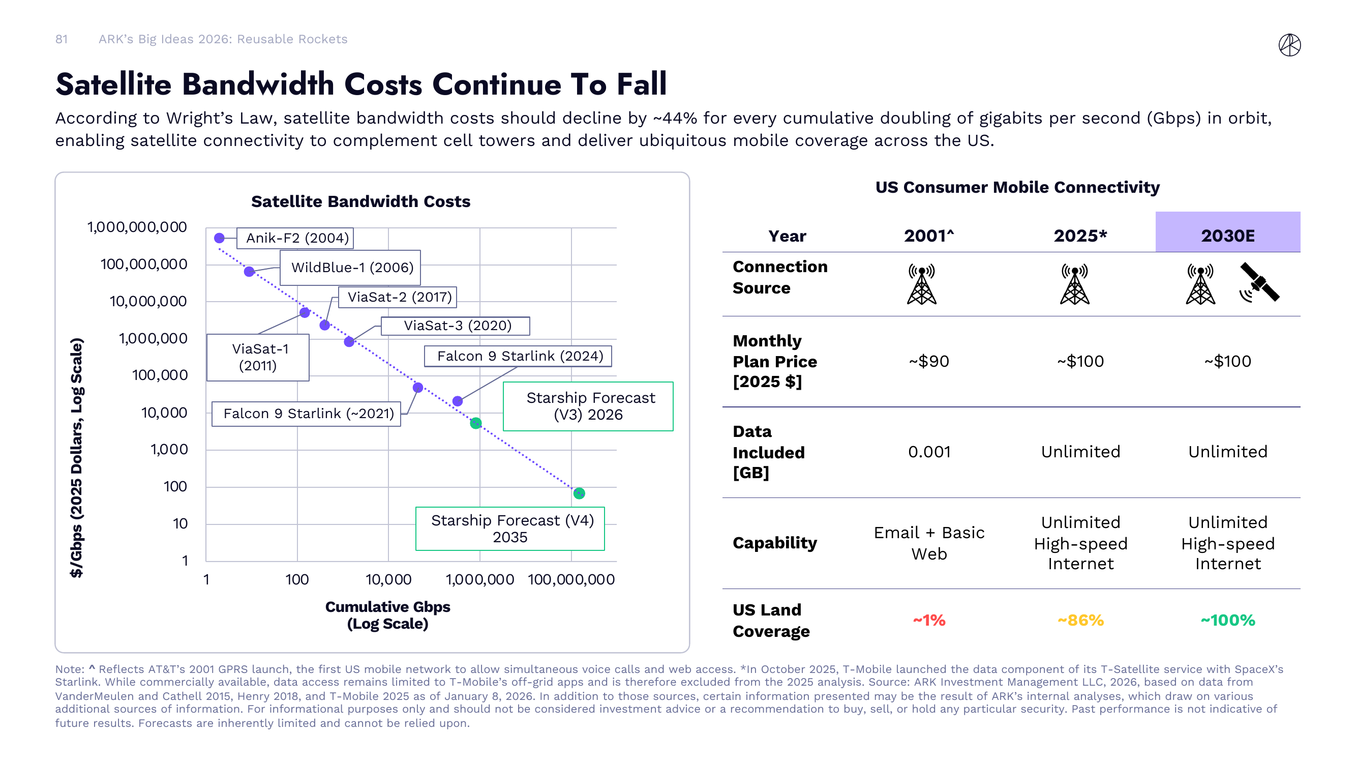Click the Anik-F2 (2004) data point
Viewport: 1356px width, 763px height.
tap(220, 238)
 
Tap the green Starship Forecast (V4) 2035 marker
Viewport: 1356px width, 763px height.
tap(579, 493)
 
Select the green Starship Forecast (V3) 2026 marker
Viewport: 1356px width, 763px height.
tap(476, 423)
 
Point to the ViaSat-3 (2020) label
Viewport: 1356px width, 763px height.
tap(456, 326)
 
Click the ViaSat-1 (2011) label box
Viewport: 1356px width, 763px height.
tap(257, 357)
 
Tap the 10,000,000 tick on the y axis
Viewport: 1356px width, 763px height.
tap(148, 302)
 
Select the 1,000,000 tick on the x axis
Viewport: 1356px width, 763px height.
tap(479, 579)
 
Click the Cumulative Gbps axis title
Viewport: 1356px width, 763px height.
tap(387, 614)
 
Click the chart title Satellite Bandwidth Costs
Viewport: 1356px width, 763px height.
tap(360, 201)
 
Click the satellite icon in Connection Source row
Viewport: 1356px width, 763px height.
tap(1259, 283)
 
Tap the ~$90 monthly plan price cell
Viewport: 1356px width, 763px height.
tap(928, 361)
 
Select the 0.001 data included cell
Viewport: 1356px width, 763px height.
tap(929, 452)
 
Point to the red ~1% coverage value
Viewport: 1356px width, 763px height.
tap(928, 620)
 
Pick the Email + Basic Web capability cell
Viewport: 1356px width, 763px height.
tap(928, 543)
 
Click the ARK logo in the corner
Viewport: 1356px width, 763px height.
tap(1289, 45)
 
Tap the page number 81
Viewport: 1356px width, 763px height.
tap(62, 39)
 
